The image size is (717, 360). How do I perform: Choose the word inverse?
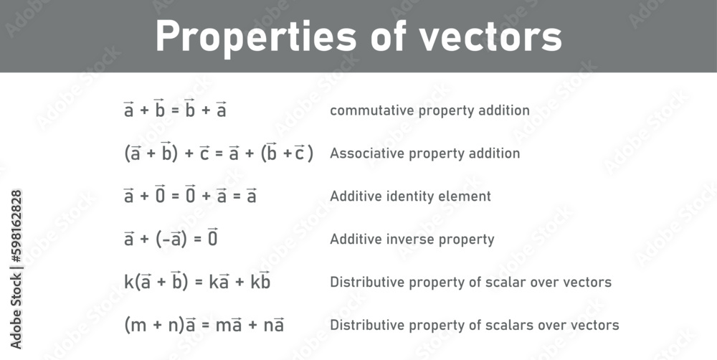pyautogui.click(x=414, y=240)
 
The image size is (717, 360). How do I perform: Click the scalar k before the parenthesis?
pyautogui.click(x=128, y=283)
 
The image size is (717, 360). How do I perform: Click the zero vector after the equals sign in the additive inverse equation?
pyautogui.click(x=212, y=238)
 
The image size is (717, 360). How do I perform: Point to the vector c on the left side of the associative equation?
pyautogui.click(x=204, y=153)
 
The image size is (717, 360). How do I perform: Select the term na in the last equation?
pyautogui.click(x=274, y=326)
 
